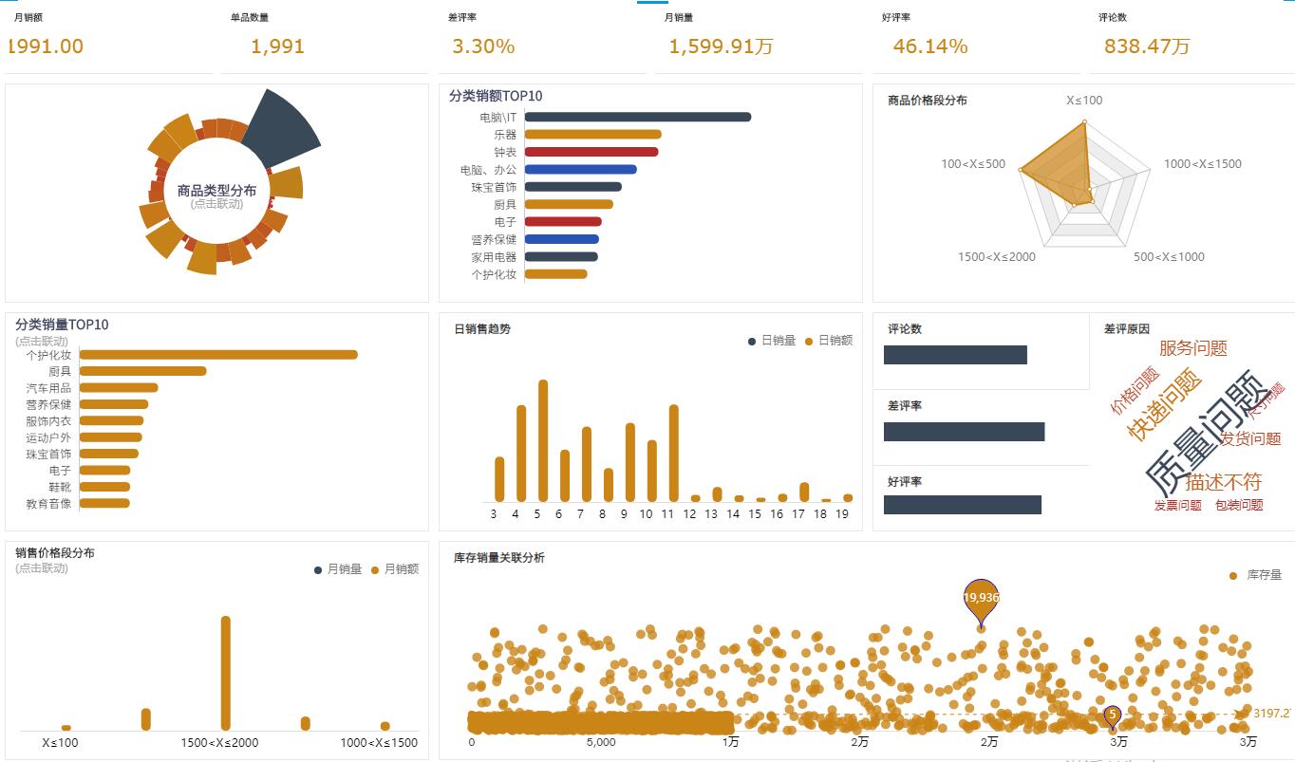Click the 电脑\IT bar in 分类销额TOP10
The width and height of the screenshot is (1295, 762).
pyautogui.click(x=637, y=117)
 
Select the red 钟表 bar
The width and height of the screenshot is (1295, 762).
pyautogui.click(x=591, y=152)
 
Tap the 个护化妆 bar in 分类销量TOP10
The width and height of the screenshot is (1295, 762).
pyautogui.click(x=218, y=355)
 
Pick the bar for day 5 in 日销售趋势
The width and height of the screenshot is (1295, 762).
pyautogui.click(x=543, y=440)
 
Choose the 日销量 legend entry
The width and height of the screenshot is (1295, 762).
pyautogui.click(x=772, y=341)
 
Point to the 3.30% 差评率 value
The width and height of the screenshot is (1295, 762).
pyautogui.click(x=483, y=46)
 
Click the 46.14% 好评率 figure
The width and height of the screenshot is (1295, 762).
pyautogui.click(x=930, y=46)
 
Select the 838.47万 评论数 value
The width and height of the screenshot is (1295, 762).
pyautogui.click(x=1147, y=46)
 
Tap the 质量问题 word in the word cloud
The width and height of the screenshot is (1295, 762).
pyautogui.click(x=1204, y=433)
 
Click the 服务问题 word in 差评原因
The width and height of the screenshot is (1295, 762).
pyautogui.click(x=1193, y=348)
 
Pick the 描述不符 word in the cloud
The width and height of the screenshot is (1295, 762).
pyautogui.click(x=1223, y=482)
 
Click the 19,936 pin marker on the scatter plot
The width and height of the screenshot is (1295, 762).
pyautogui.click(x=981, y=598)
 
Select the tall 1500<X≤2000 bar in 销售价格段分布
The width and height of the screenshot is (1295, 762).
pyautogui.click(x=226, y=673)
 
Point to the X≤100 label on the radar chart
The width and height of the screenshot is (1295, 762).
pyautogui.click(x=1084, y=101)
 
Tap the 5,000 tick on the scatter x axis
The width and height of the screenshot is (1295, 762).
pyautogui.click(x=601, y=742)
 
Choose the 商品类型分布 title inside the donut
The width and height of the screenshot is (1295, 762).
pyautogui.click(x=216, y=191)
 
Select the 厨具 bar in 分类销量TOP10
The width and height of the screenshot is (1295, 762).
pyautogui.click(x=142, y=371)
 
